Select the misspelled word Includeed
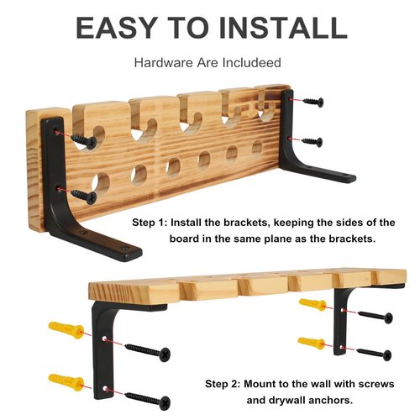tap(252, 62)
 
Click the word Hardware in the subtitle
tap(164, 62)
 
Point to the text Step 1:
tap(150, 223)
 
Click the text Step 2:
tap(223, 384)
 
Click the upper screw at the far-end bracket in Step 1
tap(313, 102)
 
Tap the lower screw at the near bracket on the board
tap(84, 196)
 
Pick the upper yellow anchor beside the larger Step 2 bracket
tap(66, 330)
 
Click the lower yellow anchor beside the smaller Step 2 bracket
tap(312, 343)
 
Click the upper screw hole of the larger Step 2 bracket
tap(104, 339)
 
